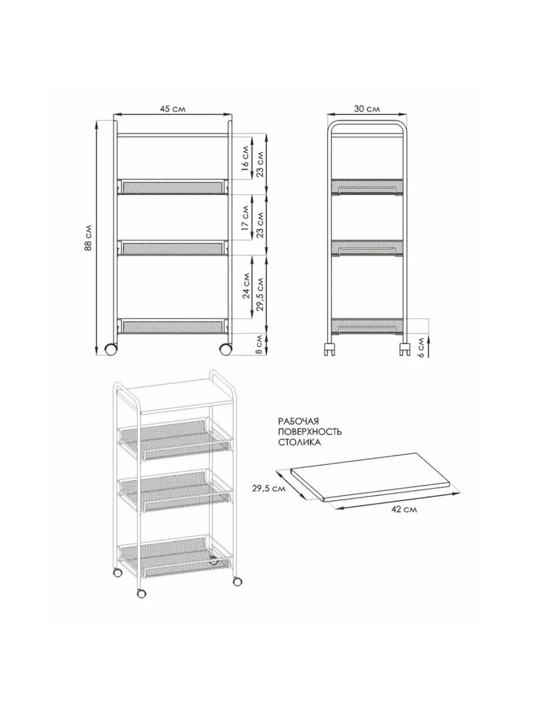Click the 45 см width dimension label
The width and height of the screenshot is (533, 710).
(x=173, y=109)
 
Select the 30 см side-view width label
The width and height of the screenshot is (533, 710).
(x=366, y=109)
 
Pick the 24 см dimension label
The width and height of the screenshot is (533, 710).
(x=247, y=286)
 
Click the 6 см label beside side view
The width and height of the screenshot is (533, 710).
(x=420, y=347)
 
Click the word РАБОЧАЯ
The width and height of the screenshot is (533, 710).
(x=298, y=422)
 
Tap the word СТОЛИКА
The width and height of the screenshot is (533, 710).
(x=300, y=443)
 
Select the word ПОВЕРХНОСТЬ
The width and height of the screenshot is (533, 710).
(x=310, y=432)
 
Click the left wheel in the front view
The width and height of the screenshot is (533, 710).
(x=111, y=349)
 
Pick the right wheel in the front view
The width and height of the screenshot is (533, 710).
(x=225, y=349)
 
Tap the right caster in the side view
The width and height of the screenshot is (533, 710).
(x=404, y=349)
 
